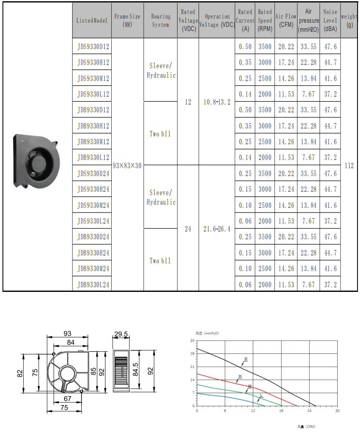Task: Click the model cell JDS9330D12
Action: click(93, 47)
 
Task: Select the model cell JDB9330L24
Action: click(93, 284)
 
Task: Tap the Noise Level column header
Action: click(330, 20)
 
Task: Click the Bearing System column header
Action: click(161, 20)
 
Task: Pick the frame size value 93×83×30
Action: click(127, 165)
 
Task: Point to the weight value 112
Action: click(349, 165)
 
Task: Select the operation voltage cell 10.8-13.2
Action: click(217, 102)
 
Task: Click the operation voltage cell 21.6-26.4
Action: click(217, 229)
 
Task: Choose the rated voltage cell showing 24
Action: click(188, 229)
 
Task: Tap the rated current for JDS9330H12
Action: click(245, 62)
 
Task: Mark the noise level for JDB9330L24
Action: click(330, 284)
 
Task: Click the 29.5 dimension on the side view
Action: click(121, 333)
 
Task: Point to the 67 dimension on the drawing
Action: click(67, 399)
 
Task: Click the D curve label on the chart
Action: click(246, 359)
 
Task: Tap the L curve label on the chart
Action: click(261, 396)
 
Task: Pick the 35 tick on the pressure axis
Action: click(192, 341)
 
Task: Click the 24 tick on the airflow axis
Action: click(309, 411)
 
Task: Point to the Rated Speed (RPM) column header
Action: click(265, 20)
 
